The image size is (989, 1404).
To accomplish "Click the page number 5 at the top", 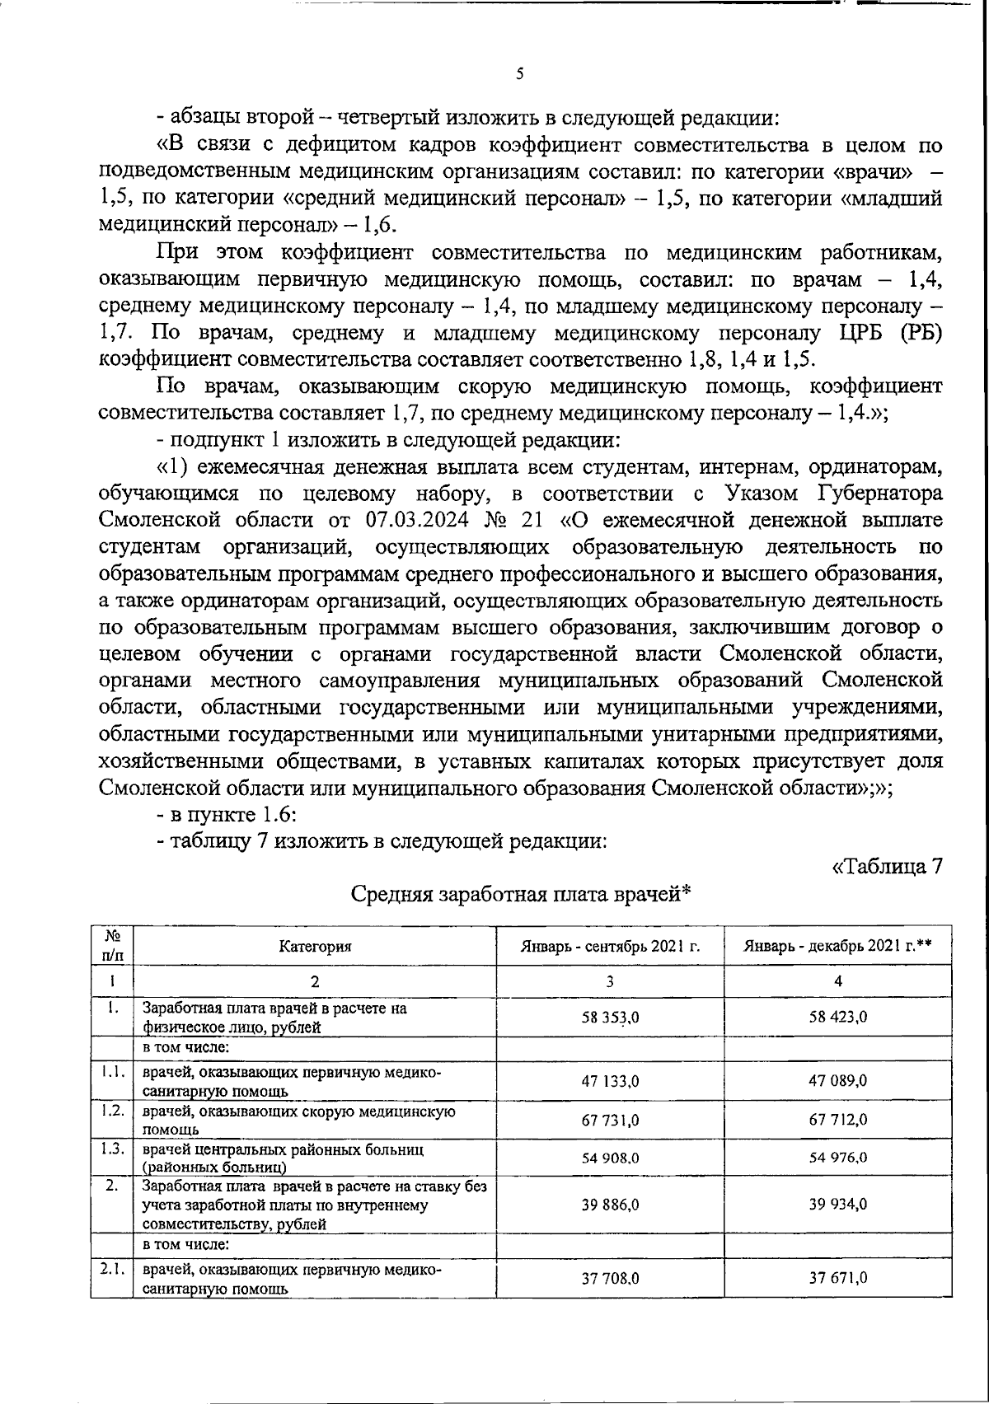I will pyautogui.click(x=519, y=74).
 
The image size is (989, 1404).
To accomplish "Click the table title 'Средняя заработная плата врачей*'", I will pyautogui.click(x=519, y=894).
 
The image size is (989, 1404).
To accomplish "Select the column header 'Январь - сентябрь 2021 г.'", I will pyautogui.click(x=610, y=946).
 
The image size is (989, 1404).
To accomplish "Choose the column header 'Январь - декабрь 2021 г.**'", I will pyautogui.click(x=837, y=946).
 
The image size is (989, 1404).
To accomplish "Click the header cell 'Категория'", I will pyautogui.click(x=315, y=946).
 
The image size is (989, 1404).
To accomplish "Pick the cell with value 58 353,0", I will pyautogui.click(x=610, y=1018).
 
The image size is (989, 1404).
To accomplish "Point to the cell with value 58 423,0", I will pyautogui.click(x=837, y=1018).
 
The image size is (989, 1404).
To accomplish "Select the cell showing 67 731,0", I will pyautogui.click(x=610, y=1120).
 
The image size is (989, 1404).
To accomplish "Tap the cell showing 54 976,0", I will pyautogui.click(x=837, y=1158).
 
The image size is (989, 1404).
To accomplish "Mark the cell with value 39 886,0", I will pyautogui.click(x=610, y=1205).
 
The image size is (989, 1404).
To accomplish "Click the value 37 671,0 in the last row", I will pyautogui.click(x=837, y=1278).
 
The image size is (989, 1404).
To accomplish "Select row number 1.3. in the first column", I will pyautogui.click(x=112, y=1149).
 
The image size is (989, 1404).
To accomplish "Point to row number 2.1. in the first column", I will pyautogui.click(x=112, y=1270).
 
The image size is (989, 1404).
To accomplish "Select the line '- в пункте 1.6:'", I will pyautogui.click(x=220, y=815).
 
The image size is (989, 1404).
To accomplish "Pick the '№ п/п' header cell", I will pyautogui.click(x=112, y=946).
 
